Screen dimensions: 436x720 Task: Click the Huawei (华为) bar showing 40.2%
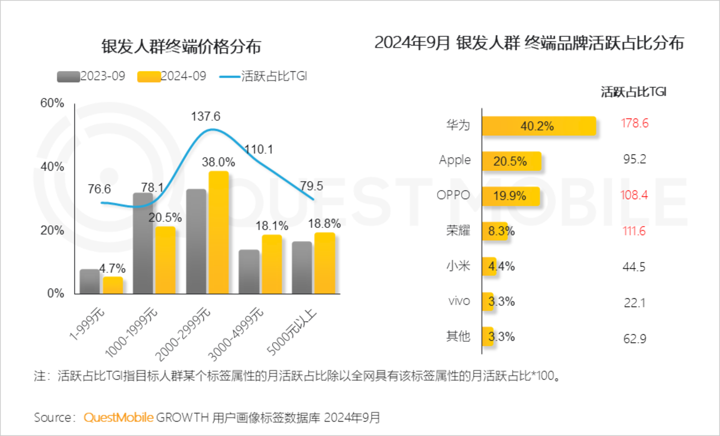(538, 126)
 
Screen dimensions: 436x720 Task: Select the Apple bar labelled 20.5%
(511, 161)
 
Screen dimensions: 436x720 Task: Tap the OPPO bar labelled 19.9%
(510, 196)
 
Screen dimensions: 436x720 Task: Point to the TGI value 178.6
(634, 123)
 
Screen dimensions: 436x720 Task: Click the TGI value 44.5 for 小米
(633, 267)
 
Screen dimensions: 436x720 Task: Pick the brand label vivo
(458, 301)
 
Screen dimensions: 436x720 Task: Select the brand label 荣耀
(458, 231)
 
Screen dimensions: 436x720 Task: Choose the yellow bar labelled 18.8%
(324, 263)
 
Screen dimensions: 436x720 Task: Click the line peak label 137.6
(205, 116)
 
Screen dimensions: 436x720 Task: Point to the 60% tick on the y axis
(52, 103)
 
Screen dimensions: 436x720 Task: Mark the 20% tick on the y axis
(52, 231)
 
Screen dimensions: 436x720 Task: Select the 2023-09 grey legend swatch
(68, 76)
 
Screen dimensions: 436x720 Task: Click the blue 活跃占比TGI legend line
(229, 76)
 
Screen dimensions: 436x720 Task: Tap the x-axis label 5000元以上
(292, 332)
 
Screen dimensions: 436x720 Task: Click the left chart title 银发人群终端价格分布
(181, 46)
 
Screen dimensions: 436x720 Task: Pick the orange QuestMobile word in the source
(118, 418)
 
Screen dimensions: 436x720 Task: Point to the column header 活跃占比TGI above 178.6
(633, 92)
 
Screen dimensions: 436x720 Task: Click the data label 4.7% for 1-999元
(112, 269)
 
